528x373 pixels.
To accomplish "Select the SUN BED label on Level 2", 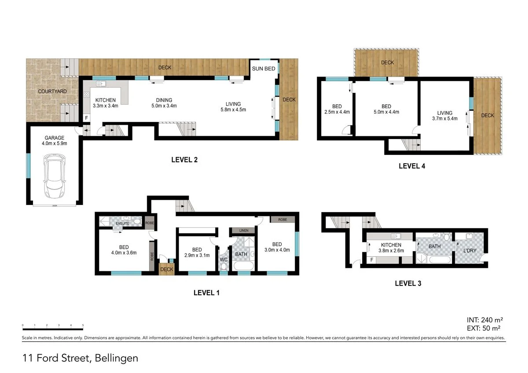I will click(x=264, y=69).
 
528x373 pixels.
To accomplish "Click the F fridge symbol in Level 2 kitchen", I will click(x=87, y=118).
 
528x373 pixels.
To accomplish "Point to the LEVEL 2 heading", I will click(x=184, y=160).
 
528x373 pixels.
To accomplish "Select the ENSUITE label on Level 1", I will click(x=122, y=223).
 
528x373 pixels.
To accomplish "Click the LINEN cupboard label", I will click(x=243, y=230).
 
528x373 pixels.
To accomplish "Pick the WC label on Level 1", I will click(x=224, y=260).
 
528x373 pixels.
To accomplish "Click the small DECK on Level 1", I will click(x=167, y=269).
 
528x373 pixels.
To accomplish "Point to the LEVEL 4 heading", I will click(x=411, y=166).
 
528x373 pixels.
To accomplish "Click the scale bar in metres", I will click(x=52, y=329).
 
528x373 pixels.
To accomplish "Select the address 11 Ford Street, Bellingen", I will click(x=81, y=358).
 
